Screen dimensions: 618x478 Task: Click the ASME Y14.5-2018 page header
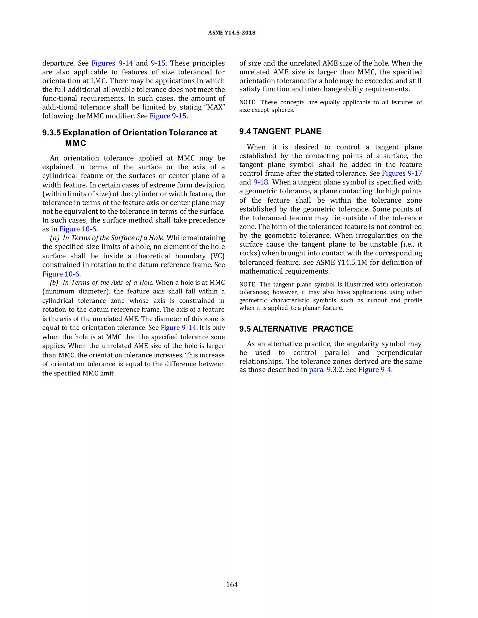[232, 33]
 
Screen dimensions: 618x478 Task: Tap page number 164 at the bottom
[232, 584]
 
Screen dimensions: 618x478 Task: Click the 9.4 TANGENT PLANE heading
[280, 131]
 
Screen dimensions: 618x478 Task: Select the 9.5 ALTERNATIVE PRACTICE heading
[296, 329]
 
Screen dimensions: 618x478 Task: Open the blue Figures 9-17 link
[402, 174]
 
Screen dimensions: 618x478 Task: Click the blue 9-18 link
[260, 182]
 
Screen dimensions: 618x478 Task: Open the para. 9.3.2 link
[326, 370]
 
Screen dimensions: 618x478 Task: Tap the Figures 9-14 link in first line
[112, 63]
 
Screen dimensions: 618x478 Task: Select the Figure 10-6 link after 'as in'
[77, 229]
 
